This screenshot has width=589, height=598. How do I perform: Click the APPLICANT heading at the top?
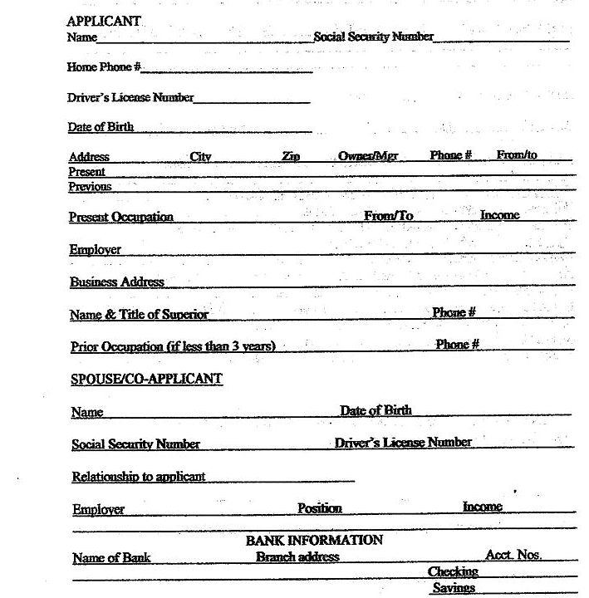pyautogui.click(x=104, y=22)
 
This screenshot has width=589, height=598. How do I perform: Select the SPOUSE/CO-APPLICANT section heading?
pyautogui.click(x=146, y=379)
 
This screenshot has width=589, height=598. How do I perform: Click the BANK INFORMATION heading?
pyautogui.click(x=314, y=540)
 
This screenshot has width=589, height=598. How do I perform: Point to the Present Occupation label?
pyautogui.click(x=121, y=217)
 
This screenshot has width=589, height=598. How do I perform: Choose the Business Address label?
pyautogui.click(x=117, y=282)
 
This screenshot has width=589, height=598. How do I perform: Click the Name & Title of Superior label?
pyautogui.click(x=140, y=314)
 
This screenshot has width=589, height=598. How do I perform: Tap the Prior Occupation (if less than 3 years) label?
pyautogui.click(x=173, y=346)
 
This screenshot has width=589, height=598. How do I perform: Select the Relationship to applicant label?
pyautogui.click(x=139, y=477)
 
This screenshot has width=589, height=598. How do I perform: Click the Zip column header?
pyautogui.click(x=291, y=156)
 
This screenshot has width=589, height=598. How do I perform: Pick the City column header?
pyautogui.click(x=201, y=156)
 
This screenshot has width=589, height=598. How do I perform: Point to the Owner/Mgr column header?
pyautogui.click(x=368, y=156)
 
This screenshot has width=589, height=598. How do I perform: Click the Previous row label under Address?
pyautogui.click(x=90, y=187)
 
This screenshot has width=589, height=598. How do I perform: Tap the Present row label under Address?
pyautogui.click(x=87, y=172)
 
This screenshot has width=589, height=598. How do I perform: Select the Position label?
pyautogui.click(x=320, y=508)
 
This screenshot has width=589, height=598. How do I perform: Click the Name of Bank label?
pyautogui.click(x=112, y=558)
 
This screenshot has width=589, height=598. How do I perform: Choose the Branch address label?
pyautogui.click(x=297, y=557)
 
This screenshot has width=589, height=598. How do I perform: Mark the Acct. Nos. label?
pyautogui.click(x=513, y=555)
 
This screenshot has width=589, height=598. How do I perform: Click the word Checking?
pyautogui.click(x=453, y=571)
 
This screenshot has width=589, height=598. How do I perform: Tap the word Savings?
pyautogui.click(x=454, y=588)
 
